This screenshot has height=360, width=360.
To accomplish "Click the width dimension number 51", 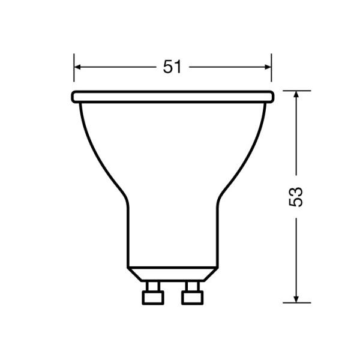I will click(x=172, y=67).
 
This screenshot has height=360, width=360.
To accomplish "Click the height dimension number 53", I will click(x=296, y=196).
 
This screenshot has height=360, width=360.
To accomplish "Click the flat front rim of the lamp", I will click(x=172, y=96).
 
